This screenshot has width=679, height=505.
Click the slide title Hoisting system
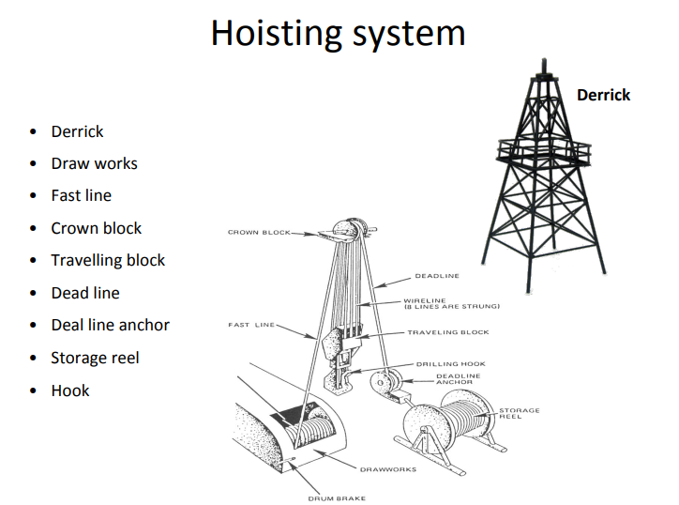pos(338,33)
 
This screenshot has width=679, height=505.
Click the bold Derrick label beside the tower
pos(603,95)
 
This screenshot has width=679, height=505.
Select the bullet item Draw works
pos(94,163)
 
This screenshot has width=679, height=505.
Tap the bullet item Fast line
pos(81,195)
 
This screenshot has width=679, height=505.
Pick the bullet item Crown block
pos(96,228)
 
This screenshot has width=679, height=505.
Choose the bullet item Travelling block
pos(108,260)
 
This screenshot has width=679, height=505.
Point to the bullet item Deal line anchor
pos(110,325)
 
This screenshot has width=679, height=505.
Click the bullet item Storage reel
pos(95,358)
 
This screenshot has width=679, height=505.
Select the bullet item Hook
pos(70,390)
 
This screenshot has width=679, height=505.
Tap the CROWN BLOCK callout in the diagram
pos(259,232)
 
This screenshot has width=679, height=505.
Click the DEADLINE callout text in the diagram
pos(437,276)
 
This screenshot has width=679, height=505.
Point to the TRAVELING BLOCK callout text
pos(447,332)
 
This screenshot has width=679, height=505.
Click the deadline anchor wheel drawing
pos(384,384)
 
